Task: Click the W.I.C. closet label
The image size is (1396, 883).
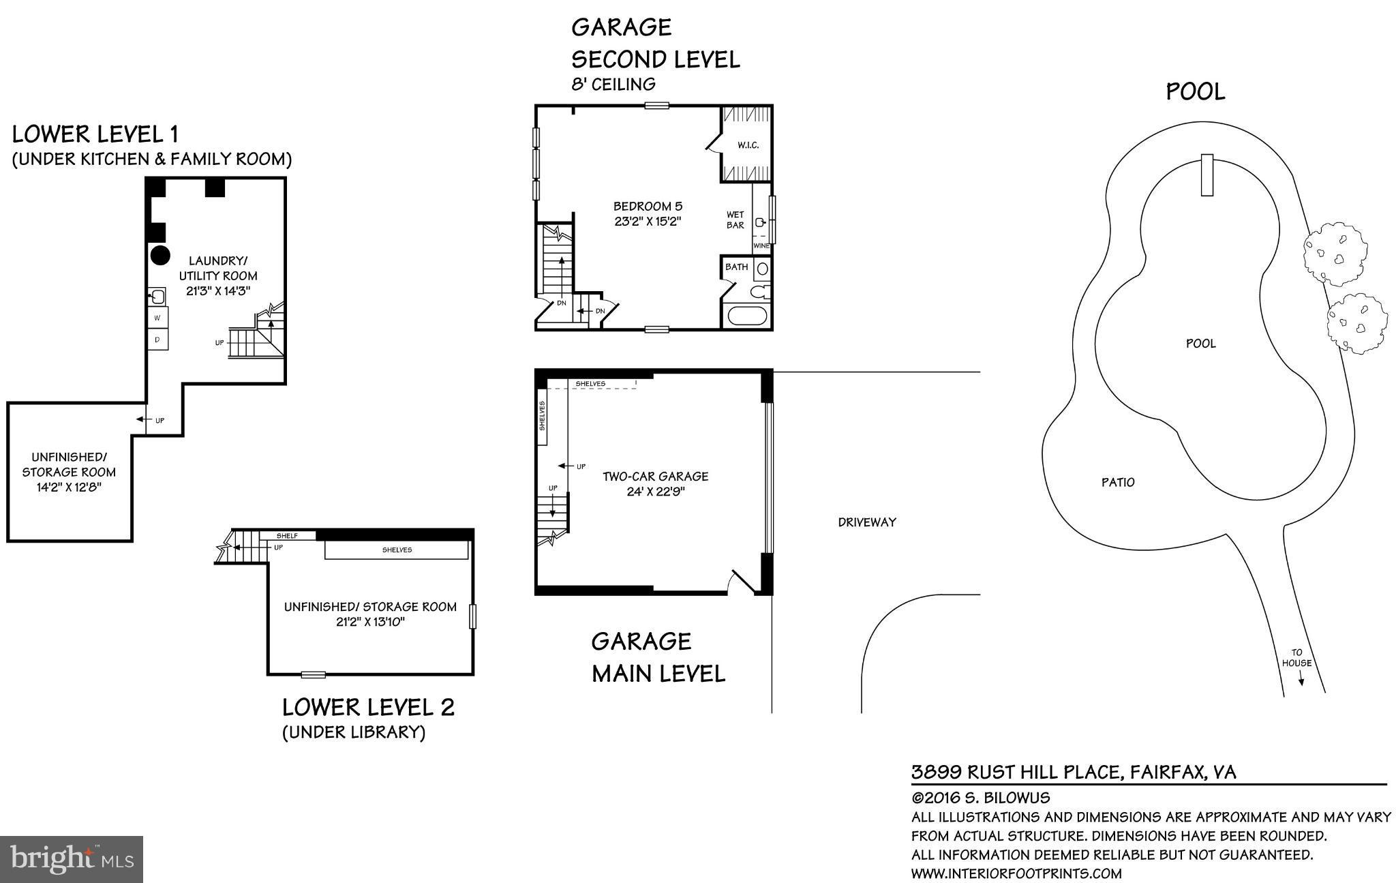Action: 747,145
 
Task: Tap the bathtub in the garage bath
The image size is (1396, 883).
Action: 746,316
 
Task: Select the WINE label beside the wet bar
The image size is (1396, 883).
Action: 761,245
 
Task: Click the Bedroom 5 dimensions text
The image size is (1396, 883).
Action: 647,221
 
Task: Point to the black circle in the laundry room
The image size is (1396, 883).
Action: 160,256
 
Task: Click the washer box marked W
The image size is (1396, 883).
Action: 157,318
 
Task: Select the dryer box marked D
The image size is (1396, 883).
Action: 157,339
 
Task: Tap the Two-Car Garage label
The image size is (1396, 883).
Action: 655,477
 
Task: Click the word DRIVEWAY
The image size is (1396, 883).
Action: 866,522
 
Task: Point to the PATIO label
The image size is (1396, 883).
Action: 1118,482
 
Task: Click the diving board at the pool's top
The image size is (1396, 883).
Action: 1207,175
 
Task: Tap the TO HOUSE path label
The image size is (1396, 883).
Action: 1296,658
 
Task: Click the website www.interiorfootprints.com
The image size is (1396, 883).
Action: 1016,873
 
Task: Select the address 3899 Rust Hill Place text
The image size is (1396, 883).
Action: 1074,773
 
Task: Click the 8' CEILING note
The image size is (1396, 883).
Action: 613,85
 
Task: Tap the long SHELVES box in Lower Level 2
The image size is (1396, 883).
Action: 397,550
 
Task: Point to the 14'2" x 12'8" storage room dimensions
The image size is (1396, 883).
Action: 69,488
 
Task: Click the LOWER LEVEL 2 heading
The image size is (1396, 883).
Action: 368,707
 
